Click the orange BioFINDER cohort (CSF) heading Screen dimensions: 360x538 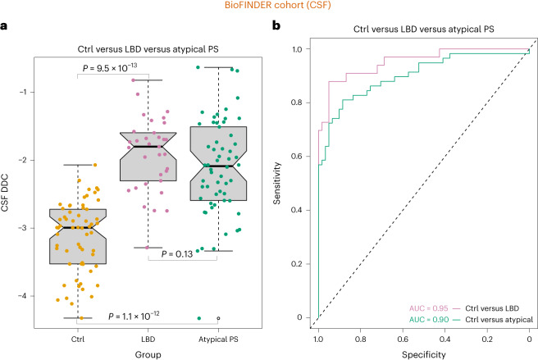(x=270, y=7)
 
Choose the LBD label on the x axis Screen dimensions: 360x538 (x=148, y=335)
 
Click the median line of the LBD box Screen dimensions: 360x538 (x=148, y=147)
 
